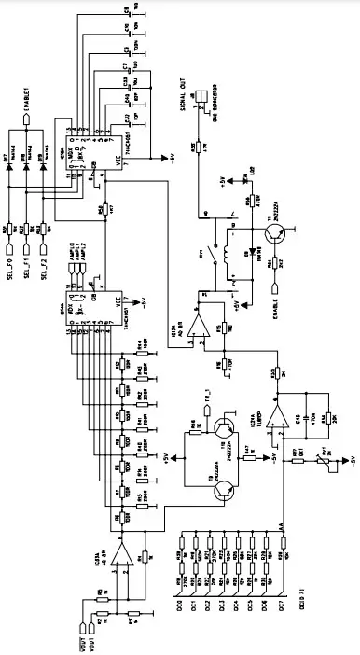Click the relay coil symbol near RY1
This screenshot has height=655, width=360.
[x=228, y=260]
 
